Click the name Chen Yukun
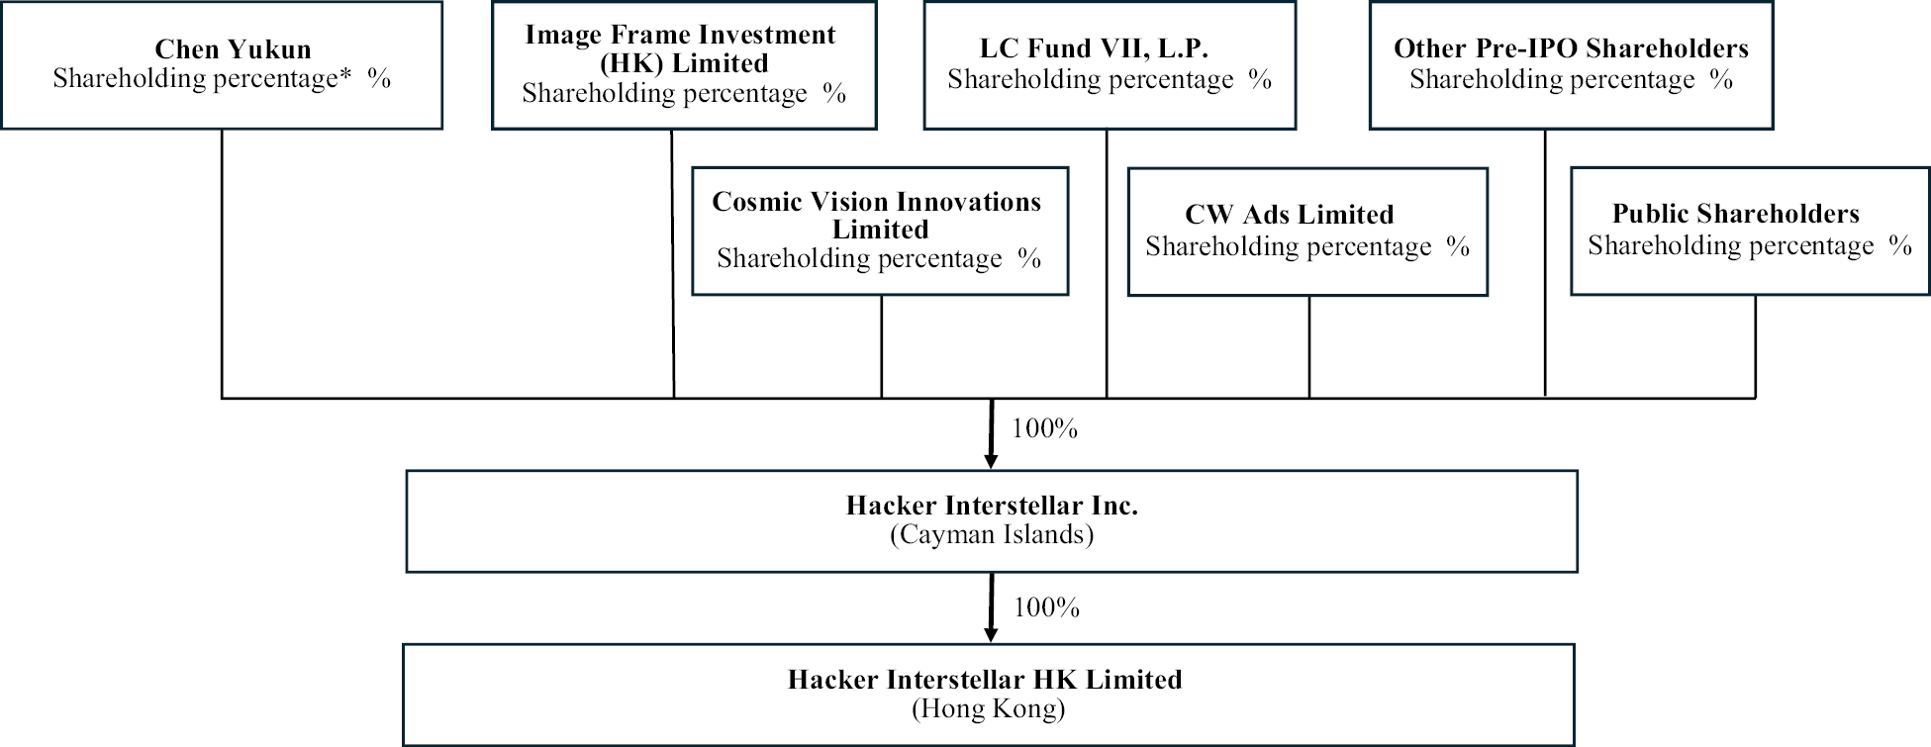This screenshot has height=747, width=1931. click(233, 49)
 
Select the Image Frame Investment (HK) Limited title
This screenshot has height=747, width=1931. click(681, 48)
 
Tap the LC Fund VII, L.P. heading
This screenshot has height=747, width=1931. click(1094, 48)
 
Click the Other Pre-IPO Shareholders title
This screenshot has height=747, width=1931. click(1571, 48)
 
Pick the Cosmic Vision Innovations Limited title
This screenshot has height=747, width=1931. click(877, 215)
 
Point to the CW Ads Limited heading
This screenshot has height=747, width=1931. click(1289, 215)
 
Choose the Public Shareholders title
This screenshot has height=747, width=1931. click(1735, 214)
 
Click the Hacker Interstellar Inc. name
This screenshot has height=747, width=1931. click(992, 506)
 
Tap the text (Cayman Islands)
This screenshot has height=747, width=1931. click(992, 535)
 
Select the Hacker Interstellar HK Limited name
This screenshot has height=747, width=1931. click(985, 680)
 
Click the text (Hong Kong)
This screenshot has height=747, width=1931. click(988, 708)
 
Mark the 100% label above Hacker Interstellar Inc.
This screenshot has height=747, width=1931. click(1044, 428)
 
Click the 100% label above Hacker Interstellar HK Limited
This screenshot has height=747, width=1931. click(1046, 607)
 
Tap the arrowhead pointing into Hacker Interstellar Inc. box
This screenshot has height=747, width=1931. click(991, 461)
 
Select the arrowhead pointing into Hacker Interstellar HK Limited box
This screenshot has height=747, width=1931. click(990, 635)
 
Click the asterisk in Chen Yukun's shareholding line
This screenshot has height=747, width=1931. click(345, 75)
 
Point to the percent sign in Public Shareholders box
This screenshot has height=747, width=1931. click(1900, 245)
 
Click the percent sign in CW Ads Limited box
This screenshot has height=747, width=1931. click(1458, 246)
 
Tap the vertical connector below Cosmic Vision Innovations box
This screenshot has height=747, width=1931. click(882, 346)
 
